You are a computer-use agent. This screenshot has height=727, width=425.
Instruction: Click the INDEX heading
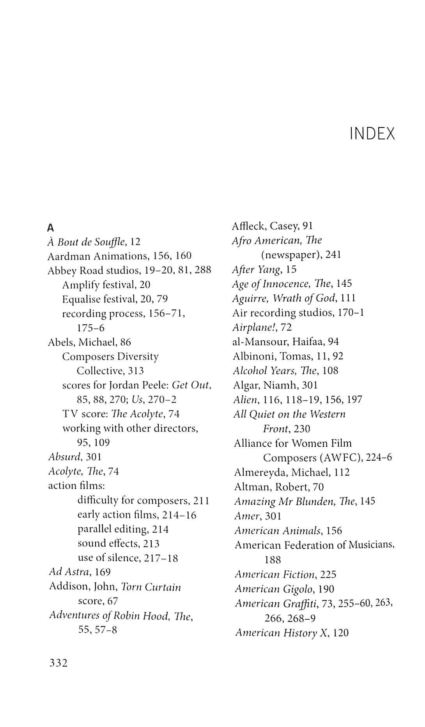click(x=372, y=134)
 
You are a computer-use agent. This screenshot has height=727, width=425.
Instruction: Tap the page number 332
click(x=58, y=663)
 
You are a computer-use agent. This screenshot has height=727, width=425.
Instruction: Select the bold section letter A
click(x=50, y=228)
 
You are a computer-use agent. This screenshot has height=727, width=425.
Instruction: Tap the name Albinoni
click(x=252, y=356)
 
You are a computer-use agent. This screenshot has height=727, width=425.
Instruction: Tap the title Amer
click(x=247, y=516)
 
